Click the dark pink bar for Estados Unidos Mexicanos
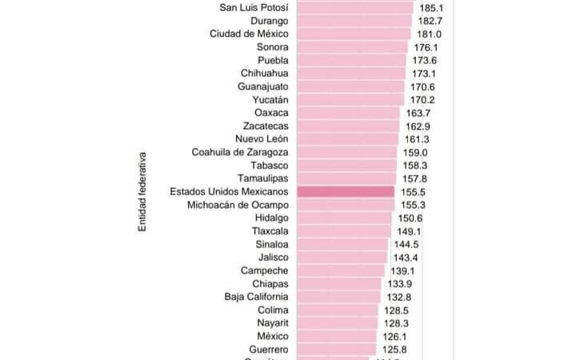(x=345, y=192)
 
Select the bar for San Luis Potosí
(x=354, y=8)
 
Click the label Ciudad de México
(x=249, y=34)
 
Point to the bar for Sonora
(x=351, y=47)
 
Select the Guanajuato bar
(x=350, y=86)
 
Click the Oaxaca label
(x=266, y=113)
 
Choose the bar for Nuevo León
(x=347, y=139)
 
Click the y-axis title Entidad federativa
(x=142, y=190)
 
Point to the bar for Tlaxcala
(x=344, y=231)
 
